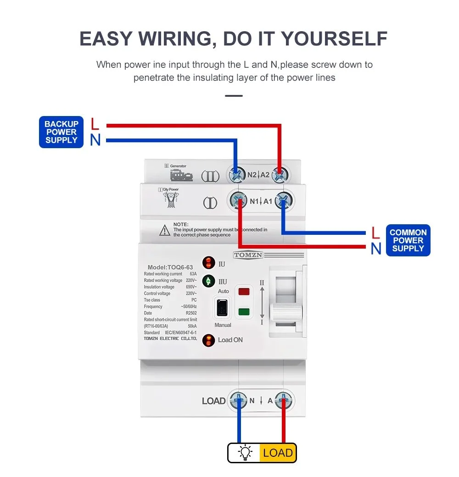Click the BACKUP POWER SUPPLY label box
pos(62,132)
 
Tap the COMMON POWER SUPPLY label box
pos(408,240)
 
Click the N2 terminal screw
pos(237,175)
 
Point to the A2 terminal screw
pos(280,175)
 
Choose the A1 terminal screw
pos(284,201)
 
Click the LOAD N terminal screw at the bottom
pos(239,400)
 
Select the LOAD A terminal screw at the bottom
pos(284,400)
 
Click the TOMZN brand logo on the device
pos(248,255)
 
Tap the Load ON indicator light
pos(208,340)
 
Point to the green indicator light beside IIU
pos(208,281)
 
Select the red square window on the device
pos(244,291)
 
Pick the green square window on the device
pos(244,313)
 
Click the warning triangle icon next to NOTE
pos(165,231)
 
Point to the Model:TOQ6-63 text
pos(169,267)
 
